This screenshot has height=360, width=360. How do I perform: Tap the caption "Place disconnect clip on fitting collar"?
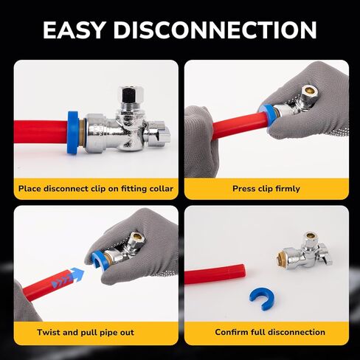click(96, 189)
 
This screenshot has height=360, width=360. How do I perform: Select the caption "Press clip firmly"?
click(266, 189)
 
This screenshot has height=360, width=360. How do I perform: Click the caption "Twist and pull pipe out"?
click(96, 332)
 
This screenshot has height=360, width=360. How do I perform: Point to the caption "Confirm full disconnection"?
click(266, 332)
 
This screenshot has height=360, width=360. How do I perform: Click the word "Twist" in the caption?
click(49, 332)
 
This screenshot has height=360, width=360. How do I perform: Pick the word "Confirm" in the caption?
click(232, 332)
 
